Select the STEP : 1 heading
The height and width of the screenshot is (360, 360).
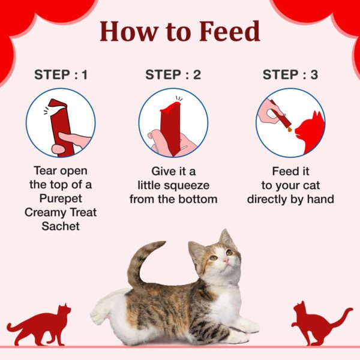tap(61, 75)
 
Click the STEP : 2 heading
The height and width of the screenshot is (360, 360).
tap(173, 75)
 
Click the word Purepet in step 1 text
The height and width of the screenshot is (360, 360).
tap(61, 199)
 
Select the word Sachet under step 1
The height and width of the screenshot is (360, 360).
tap(61, 226)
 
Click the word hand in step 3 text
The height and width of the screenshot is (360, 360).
tap(320, 199)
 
